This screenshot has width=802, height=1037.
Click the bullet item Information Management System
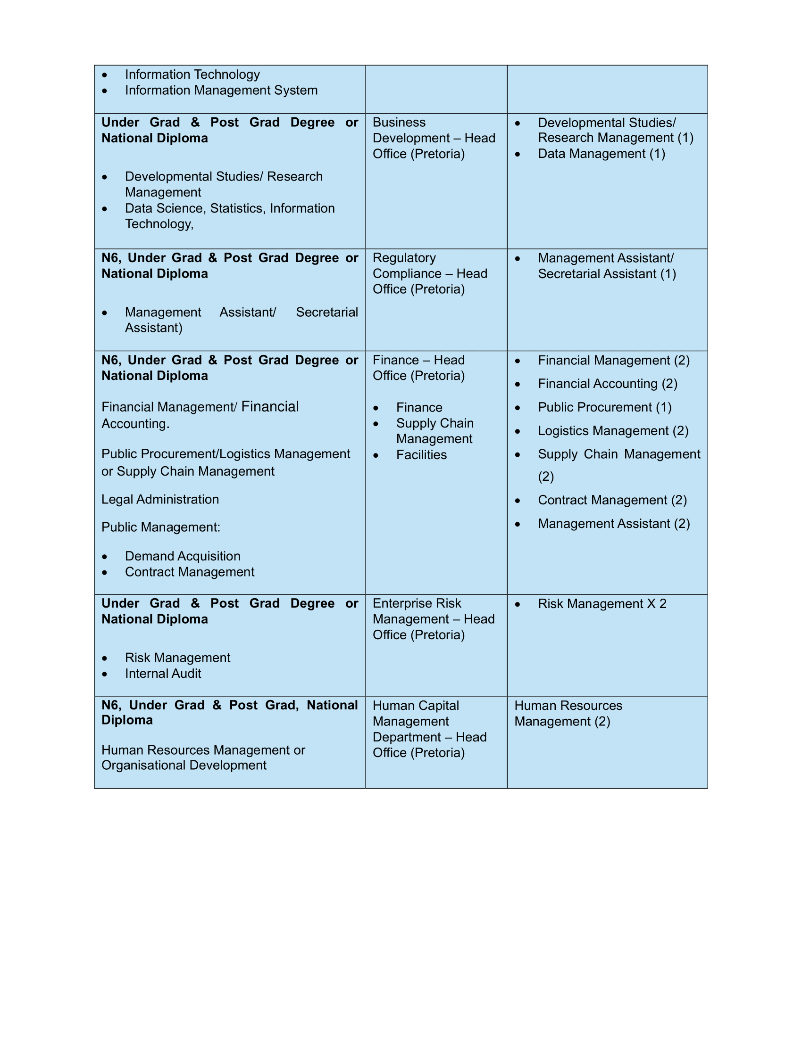click(x=221, y=90)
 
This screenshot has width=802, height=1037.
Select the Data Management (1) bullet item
click(x=601, y=154)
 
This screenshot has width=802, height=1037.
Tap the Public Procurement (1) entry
click(x=604, y=407)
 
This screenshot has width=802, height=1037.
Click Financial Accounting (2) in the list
click(x=607, y=384)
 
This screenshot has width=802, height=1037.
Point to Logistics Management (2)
click(x=613, y=431)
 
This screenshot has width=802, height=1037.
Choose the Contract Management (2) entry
click(x=612, y=501)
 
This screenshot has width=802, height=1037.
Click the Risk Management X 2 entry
click(x=602, y=604)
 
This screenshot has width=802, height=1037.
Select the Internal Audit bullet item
click(x=163, y=674)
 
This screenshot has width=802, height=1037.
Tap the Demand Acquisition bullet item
click(x=183, y=557)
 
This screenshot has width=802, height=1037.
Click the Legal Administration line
click(x=160, y=500)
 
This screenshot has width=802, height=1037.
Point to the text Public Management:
click(x=160, y=527)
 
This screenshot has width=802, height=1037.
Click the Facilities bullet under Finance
click(x=421, y=455)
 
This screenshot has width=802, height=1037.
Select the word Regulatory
click(x=404, y=258)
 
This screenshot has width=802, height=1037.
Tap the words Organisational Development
click(x=184, y=765)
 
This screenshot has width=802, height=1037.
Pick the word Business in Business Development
click(x=399, y=123)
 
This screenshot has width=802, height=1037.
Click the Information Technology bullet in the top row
click(x=192, y=74)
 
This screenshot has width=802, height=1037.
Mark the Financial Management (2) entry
click(x=613, y=361)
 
